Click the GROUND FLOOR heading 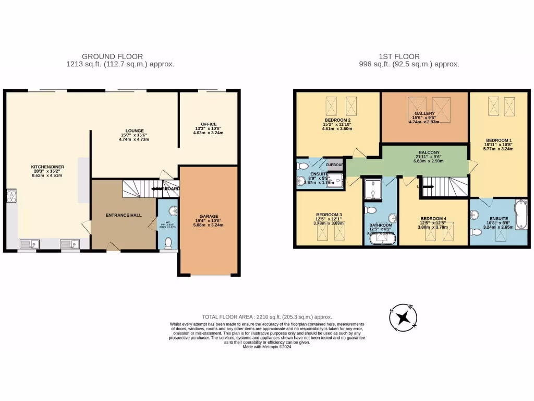tap(112, 56)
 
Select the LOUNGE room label tap(134, 131)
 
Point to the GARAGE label tap(209, 216)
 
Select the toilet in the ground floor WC tap(168, 243)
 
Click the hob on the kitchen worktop tap(11, 196)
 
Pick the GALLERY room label tap(424, 113)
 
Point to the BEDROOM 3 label tap(329, 215)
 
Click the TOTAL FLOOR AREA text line tap(266, 317)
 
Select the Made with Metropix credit tap(266, 347)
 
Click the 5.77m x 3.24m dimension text tap(499, 149)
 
